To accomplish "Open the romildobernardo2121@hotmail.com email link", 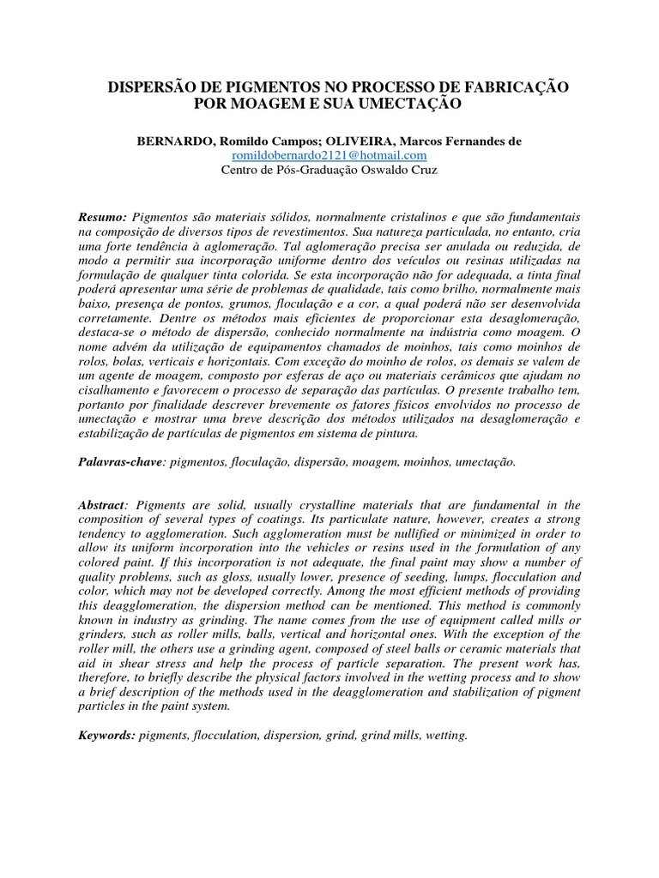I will tap(329, 155).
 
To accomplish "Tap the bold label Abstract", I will tap(102, 504).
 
